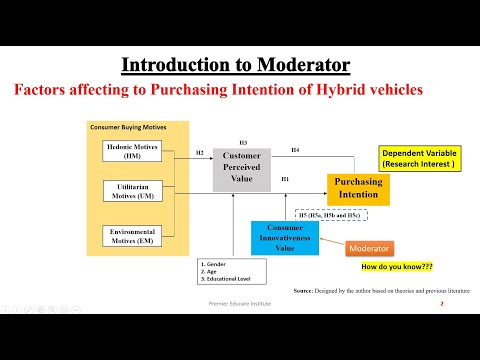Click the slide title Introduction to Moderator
236,66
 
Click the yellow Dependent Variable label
419,159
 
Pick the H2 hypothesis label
200,153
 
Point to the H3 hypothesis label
243,142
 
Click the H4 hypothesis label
295,150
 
